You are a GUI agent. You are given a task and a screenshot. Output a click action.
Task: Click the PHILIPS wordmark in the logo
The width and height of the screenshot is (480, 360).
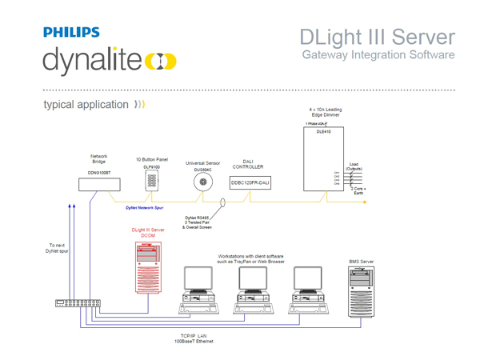coord(71,33)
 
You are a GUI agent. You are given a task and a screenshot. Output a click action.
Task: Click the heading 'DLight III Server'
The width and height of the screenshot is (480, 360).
coord(378,38)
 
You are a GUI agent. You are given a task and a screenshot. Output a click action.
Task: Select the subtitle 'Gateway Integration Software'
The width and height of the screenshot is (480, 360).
coord(378,55)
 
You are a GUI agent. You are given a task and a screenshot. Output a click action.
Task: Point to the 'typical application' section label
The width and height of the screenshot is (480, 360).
coord(86,105)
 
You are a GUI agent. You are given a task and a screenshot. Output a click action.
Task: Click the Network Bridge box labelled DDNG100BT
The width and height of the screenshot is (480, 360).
coord(99,183)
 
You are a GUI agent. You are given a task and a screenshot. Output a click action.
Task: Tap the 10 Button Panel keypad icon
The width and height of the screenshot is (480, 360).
coord(151,181)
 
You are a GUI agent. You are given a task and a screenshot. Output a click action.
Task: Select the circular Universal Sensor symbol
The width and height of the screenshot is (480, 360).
coord(202,182)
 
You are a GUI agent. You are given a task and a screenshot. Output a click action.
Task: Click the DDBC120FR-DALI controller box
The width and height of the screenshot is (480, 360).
coord(250,183)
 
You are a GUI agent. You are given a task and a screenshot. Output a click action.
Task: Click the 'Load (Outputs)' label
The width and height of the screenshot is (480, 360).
coord(354,166)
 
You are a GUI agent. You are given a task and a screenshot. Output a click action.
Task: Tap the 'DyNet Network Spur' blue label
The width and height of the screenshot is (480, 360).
coord(144,207)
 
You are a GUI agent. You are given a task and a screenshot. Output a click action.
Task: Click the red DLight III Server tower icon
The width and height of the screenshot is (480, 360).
coord(148,267)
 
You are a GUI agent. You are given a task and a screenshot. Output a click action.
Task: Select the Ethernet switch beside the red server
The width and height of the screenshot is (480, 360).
coord(78,303)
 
